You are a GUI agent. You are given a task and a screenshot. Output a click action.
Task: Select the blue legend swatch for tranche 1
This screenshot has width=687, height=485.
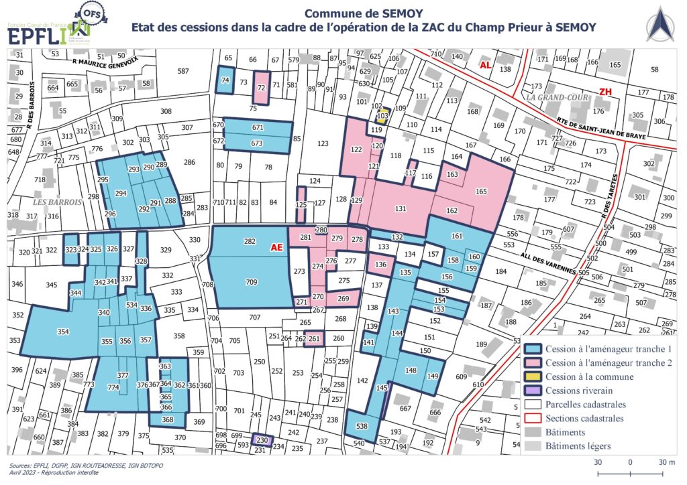tap(533, 348)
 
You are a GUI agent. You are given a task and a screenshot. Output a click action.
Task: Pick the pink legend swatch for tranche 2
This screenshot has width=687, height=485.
tap(533, 362)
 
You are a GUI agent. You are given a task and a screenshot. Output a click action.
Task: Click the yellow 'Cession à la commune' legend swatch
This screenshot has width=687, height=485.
tap(533, 376)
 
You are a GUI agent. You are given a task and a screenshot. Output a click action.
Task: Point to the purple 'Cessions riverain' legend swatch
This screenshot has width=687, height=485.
tap(533, 391)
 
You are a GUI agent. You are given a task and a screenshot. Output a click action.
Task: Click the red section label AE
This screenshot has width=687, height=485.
tap(276, 247)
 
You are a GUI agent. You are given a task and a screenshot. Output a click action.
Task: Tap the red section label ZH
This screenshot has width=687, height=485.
tap(606, 92)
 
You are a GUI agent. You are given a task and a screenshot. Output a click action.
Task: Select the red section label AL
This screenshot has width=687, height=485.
tap(485, 65)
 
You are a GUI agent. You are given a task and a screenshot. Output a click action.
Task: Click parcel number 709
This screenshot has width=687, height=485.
tap(251, 281)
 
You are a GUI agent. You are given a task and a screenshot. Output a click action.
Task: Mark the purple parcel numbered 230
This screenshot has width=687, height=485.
tap(262, 440)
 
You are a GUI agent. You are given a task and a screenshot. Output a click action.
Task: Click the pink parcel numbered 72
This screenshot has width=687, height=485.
tap(262, 88)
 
